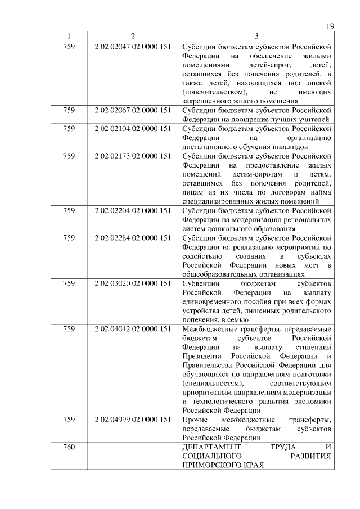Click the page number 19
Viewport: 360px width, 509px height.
(331, 26)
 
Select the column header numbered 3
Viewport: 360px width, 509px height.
(256, 37)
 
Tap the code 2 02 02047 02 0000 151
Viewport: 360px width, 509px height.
(133, 46)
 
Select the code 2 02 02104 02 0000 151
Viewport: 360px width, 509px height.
(133, 128)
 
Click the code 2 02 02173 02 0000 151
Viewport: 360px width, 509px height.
(133, 156)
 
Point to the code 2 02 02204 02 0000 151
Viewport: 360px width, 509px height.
(133, 211)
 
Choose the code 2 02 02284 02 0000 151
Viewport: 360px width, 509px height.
(133, 238)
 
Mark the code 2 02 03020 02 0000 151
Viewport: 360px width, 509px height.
(133, 284)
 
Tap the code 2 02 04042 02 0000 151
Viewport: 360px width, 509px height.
(133, 328)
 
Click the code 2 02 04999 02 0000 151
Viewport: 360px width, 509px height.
(133, 420)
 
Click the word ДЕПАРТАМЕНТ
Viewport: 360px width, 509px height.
(209, 447)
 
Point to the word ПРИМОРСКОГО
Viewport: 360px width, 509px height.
(209, 466)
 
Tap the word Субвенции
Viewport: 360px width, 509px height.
(200, 284)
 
